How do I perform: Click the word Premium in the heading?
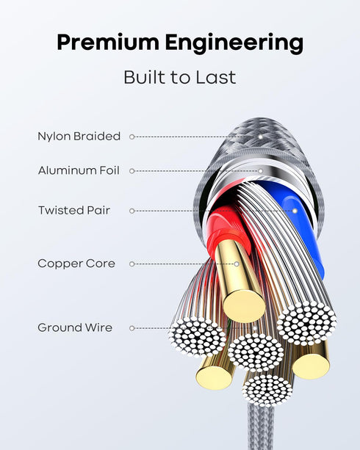[108, 42]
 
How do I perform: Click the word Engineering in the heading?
[234, 43]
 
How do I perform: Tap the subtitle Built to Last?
[180, 77]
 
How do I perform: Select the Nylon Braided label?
[79, 137]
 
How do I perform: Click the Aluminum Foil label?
[79, 170]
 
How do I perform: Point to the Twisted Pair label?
[74, 211]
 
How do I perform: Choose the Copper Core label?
[76, 264]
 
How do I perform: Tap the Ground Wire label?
[75, 327]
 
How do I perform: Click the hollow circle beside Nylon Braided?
[132, 137]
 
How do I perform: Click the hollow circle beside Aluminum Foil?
[132, 171]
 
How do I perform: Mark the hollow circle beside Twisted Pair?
[132, 211]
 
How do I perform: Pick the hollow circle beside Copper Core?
[132, 264]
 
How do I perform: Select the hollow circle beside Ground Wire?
[132, 328]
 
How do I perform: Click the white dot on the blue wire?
[295, 211]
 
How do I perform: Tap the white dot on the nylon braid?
[260, 137]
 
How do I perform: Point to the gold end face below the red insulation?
[244, 306]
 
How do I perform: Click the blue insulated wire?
[302, 227]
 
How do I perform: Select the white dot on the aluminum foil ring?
[260, 171]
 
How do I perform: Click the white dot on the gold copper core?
[237, 264]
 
